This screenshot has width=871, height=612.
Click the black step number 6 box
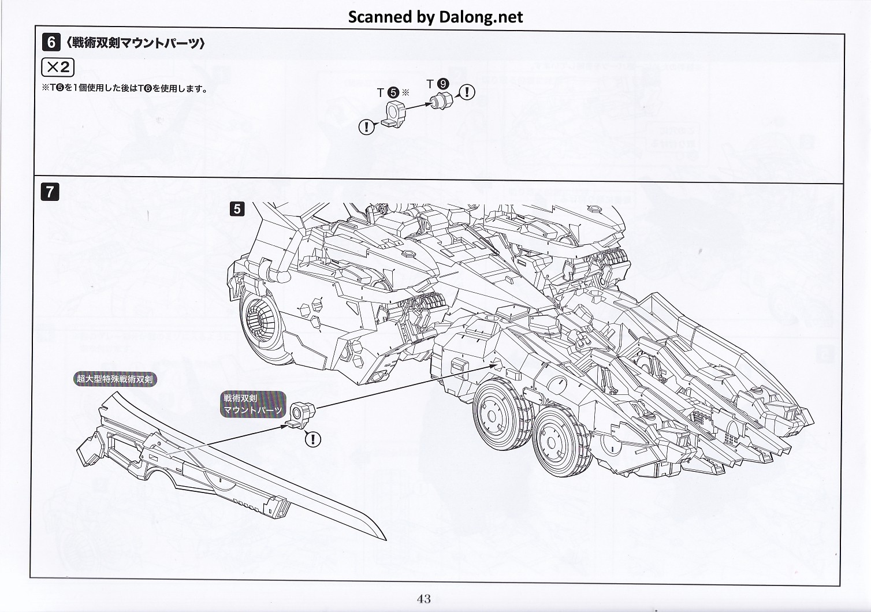pos(51,42)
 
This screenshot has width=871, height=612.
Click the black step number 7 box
pos(50,191)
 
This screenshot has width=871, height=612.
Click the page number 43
pos(423,599)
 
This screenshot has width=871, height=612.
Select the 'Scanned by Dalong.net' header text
pos(435,17)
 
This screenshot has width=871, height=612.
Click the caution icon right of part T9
pos(467,92)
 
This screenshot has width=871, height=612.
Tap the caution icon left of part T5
pos(366,126)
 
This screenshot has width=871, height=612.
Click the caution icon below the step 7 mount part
pos(312,439)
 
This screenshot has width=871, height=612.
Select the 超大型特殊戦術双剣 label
pos(116,379)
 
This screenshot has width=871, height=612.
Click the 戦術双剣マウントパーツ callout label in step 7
pos(253,404)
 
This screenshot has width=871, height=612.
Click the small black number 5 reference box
pos(237,208)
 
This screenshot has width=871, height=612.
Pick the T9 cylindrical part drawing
pos(442,102)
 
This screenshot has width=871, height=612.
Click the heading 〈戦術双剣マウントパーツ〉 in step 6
pos(135,43)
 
